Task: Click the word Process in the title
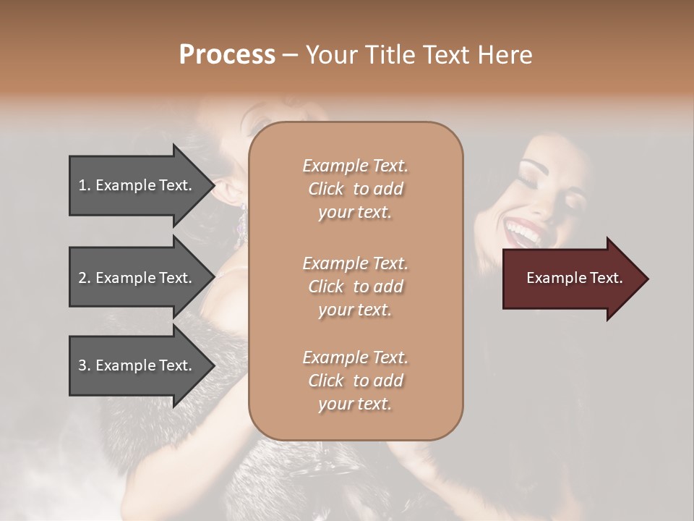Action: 227,55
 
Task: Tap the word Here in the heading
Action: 504,55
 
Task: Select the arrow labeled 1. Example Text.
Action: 137,185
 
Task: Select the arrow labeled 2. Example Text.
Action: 137,278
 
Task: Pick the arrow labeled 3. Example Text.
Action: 137,365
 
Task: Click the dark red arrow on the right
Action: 571,279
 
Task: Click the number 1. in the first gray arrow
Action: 85,185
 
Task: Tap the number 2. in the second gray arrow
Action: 85,278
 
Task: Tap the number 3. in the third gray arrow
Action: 85,365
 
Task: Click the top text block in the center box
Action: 355,189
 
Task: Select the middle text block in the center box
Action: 355,287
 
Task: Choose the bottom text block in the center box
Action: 355,381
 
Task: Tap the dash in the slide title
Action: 290,56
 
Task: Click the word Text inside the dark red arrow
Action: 607,278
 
